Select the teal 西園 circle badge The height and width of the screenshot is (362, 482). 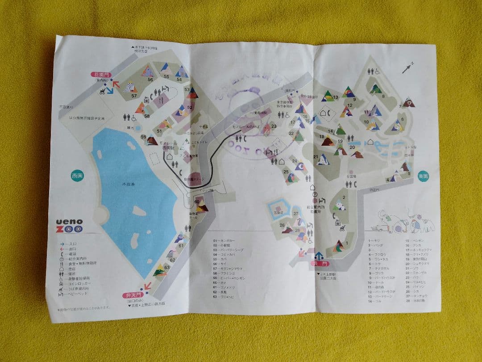[77, 176]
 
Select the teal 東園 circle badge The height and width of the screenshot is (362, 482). [424, 176]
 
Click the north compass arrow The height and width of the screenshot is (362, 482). [407, 67]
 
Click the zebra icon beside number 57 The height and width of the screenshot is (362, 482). [129, 85]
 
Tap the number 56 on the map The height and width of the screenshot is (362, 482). [150, 80]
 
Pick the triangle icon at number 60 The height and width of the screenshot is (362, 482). [201, 206]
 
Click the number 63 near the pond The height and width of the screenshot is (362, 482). [166, 267]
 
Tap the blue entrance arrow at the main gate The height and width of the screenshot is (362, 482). [319, 257]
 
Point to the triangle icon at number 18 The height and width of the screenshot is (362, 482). [328, 141]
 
